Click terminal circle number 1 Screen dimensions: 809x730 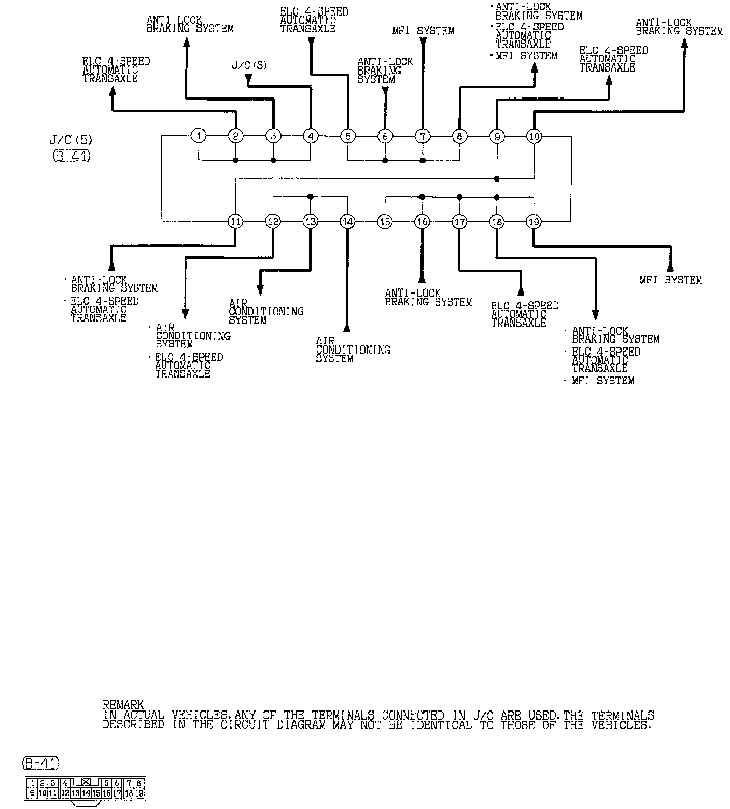click(x=199, y=136)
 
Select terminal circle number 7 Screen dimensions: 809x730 click(x=423, y=136)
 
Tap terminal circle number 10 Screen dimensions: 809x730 click(x=534, y=136)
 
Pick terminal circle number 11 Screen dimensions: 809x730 click(x=235, y=221)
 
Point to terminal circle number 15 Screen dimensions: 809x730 click(x=385, y=221)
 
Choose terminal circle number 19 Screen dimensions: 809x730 click(x=534, y=221)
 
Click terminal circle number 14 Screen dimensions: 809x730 click(x=347, y=221)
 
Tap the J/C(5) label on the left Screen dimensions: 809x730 click(x=70, y=140)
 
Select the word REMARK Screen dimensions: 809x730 click(x=123, y=705)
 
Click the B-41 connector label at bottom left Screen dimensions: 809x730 click(x=41, y=763)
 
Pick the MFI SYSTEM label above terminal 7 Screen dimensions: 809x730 click(x=423, y=31)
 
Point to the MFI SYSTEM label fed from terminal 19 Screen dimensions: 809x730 click(x=670, y=280)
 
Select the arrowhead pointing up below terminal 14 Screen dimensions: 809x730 click(x=347, y=328)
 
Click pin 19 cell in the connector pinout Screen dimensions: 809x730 click(x=139, y=792)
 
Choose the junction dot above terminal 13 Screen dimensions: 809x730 click(x=310, y=197)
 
